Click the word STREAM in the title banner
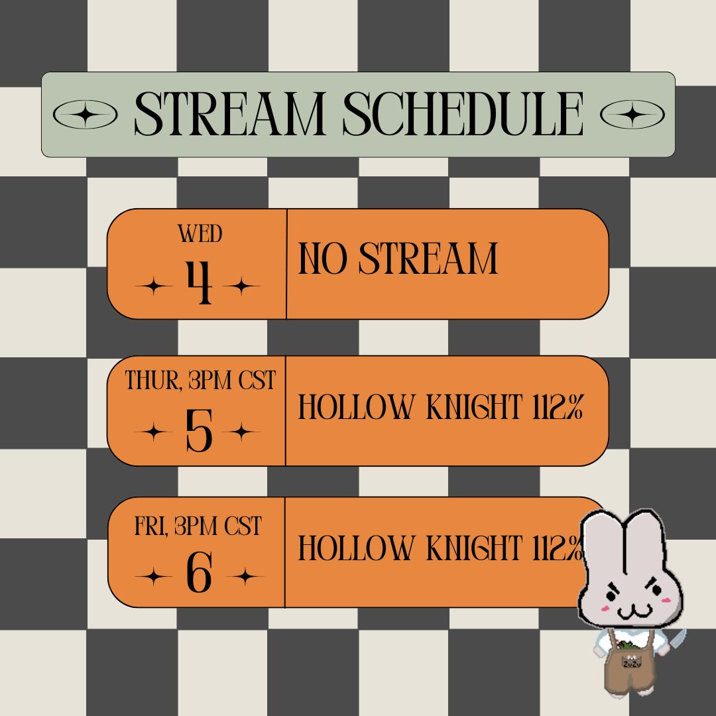pos(229,114)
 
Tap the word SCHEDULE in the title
pos(463,114)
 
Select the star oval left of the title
pos(85,114)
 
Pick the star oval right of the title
pos(632,114)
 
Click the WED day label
pos(200,234)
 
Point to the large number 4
pos(199,282)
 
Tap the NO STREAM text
pos(398,259)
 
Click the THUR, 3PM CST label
pos(200,381)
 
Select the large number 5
pos(199,430)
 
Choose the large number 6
pos(199,572)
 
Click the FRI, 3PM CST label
pos(198,526)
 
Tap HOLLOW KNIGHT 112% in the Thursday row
pos(441,407)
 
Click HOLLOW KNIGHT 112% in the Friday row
pos(441,548)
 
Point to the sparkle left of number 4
pos(154,287)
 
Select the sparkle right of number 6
pos(245,576)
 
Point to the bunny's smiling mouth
pos(634,611)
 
